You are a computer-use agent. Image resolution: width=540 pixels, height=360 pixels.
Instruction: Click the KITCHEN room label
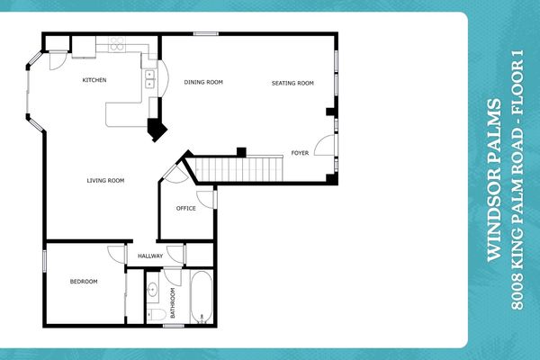[94, 80]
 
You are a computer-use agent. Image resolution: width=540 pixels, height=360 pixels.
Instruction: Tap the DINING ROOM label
[203, 82]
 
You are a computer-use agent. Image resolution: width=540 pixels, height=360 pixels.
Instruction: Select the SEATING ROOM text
[292, 83]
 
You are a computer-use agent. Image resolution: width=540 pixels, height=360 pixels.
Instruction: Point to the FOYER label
[300, 153]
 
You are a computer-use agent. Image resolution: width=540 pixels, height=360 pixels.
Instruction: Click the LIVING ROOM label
[105, 181]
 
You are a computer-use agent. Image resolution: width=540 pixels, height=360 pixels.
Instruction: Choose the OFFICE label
[186, 208]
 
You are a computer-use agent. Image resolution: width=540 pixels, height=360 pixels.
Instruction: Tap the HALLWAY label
[150, 256]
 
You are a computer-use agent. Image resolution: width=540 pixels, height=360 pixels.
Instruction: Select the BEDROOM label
[83, 282]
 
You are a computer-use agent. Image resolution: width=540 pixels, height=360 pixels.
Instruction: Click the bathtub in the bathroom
[200, 298]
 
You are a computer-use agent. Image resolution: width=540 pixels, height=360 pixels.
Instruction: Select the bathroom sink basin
[153, 291]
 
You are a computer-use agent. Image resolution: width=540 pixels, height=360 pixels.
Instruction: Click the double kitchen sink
[149, 80]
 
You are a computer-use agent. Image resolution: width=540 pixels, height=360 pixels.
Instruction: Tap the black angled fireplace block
[157, 130]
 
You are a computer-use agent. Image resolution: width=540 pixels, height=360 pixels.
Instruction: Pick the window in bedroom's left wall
[44, 261]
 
